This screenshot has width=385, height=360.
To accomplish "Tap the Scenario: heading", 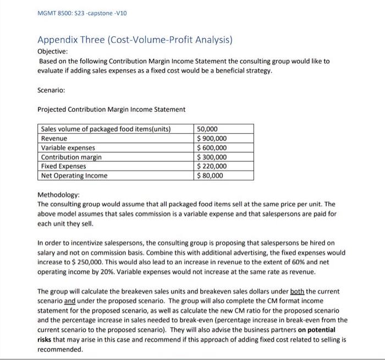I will [52, 87].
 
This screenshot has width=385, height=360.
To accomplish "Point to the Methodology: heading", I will [58, 195].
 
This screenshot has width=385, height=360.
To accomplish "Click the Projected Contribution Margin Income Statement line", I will [112, 109].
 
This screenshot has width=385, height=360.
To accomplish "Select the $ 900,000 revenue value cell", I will [212, 139].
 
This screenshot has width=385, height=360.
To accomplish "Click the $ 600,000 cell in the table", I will [212, 148].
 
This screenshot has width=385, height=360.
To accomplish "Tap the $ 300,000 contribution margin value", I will [212, 157].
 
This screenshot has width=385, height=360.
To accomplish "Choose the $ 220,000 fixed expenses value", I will [212, 166].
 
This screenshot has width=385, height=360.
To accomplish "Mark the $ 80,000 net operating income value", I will [210, 176].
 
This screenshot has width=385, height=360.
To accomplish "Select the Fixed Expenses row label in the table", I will [64, 166].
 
